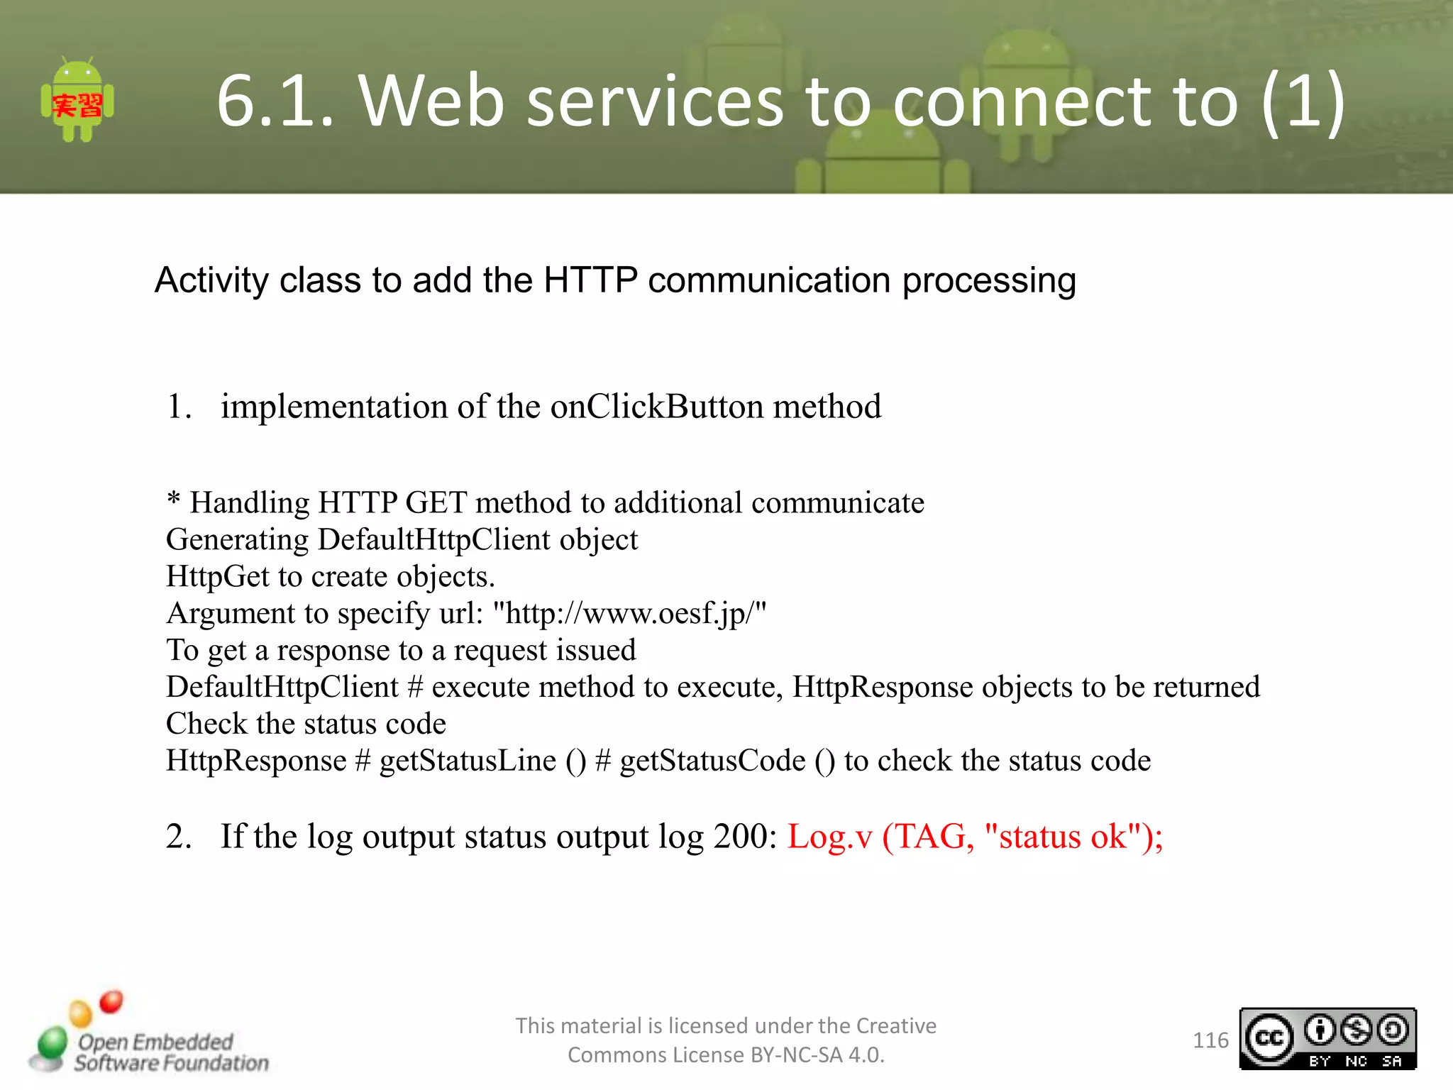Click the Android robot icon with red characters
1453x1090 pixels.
point(77,101)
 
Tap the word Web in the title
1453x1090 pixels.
point(431,101)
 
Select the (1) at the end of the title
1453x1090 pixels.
point(1303,101)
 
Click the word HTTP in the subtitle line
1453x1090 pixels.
point(591,280)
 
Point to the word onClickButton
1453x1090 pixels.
point(656,407)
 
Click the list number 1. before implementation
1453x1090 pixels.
point(179,407)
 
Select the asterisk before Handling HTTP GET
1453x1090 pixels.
point(173,500)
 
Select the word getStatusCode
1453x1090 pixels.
point(712,761)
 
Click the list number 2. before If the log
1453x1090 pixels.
point(179,837)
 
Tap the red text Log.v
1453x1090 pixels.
point(829,837)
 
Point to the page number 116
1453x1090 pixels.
point(1210,1040)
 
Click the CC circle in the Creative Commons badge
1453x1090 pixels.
point(1269,1039)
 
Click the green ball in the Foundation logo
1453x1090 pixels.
point(52,1044)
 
